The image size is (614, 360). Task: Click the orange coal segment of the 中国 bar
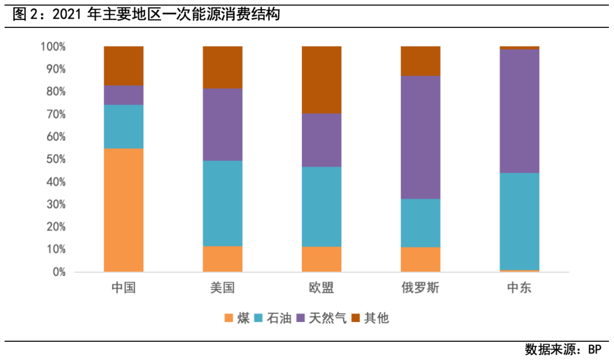[x=123, y=210]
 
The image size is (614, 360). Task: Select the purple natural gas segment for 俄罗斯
[x=420, y=137]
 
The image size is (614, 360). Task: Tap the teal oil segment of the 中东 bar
[x=519, y=221]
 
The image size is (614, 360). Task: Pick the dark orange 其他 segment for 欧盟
[x=321, y=80]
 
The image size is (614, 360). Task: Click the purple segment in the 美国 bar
[x=222, y=125]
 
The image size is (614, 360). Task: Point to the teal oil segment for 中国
[x=123, y=126]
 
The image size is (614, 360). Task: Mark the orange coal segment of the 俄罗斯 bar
[x=420, y=259]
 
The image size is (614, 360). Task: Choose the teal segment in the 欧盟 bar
[x=321, y=206]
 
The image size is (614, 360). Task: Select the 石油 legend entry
[x=273, y=318]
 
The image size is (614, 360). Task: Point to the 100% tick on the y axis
[x=53, y=47]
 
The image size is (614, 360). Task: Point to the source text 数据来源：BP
[x=563, y=349]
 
